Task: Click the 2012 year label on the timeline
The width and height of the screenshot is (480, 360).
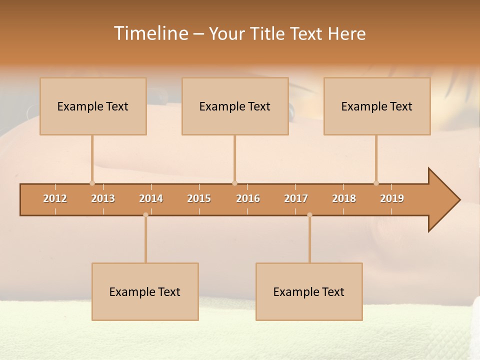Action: (55, 198)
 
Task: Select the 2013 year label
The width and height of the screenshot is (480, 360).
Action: (103, 198)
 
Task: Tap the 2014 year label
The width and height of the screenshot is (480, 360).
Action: (151, 198)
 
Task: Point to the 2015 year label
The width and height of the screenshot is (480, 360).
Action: (199, 198)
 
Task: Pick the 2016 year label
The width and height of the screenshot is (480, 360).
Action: (248, 198)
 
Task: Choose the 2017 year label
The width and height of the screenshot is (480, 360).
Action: (296, 198)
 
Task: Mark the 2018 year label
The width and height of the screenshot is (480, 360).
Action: (344, 198)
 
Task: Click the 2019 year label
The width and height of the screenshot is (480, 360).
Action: (392, 198)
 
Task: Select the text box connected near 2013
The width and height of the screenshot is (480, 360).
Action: (93, 106)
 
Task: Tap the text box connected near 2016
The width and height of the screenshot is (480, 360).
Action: (235, 106)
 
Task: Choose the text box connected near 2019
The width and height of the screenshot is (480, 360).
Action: (377, 106)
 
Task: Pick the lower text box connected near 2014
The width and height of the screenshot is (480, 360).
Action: (145, 292)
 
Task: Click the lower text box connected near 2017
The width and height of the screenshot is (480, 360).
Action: (309, 292)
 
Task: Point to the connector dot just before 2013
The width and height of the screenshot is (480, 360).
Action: (92, 183)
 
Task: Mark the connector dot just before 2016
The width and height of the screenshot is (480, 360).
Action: (234, 183)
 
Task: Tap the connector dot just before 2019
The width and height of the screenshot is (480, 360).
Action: (376, 183)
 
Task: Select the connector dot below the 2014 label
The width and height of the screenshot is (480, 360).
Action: (145, 215)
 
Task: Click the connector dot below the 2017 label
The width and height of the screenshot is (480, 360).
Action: (309, 215)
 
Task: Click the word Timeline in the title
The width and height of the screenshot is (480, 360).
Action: (150, 33)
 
